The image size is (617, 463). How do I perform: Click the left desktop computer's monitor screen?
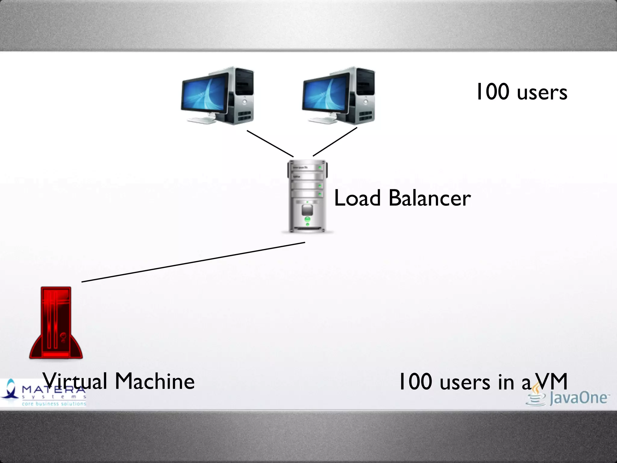click(x=205, y=93)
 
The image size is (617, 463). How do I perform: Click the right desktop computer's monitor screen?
click(x=326, y=93)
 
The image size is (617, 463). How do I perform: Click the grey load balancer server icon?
click(x=307, y=196)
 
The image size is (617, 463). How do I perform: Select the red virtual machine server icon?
click(x=56, y=323)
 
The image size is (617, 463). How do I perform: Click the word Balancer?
click(x=430, y=198)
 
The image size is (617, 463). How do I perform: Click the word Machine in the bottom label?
click(x=155, y=381)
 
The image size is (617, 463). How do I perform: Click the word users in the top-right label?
click(x=542, y=93)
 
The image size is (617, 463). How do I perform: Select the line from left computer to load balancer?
click(x=270, y=143)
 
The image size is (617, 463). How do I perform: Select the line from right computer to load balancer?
click(x=335, y=142)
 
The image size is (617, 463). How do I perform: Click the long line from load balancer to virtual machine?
click(x=193, y=262)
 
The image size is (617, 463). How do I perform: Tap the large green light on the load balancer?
click(x=307, y=219)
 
